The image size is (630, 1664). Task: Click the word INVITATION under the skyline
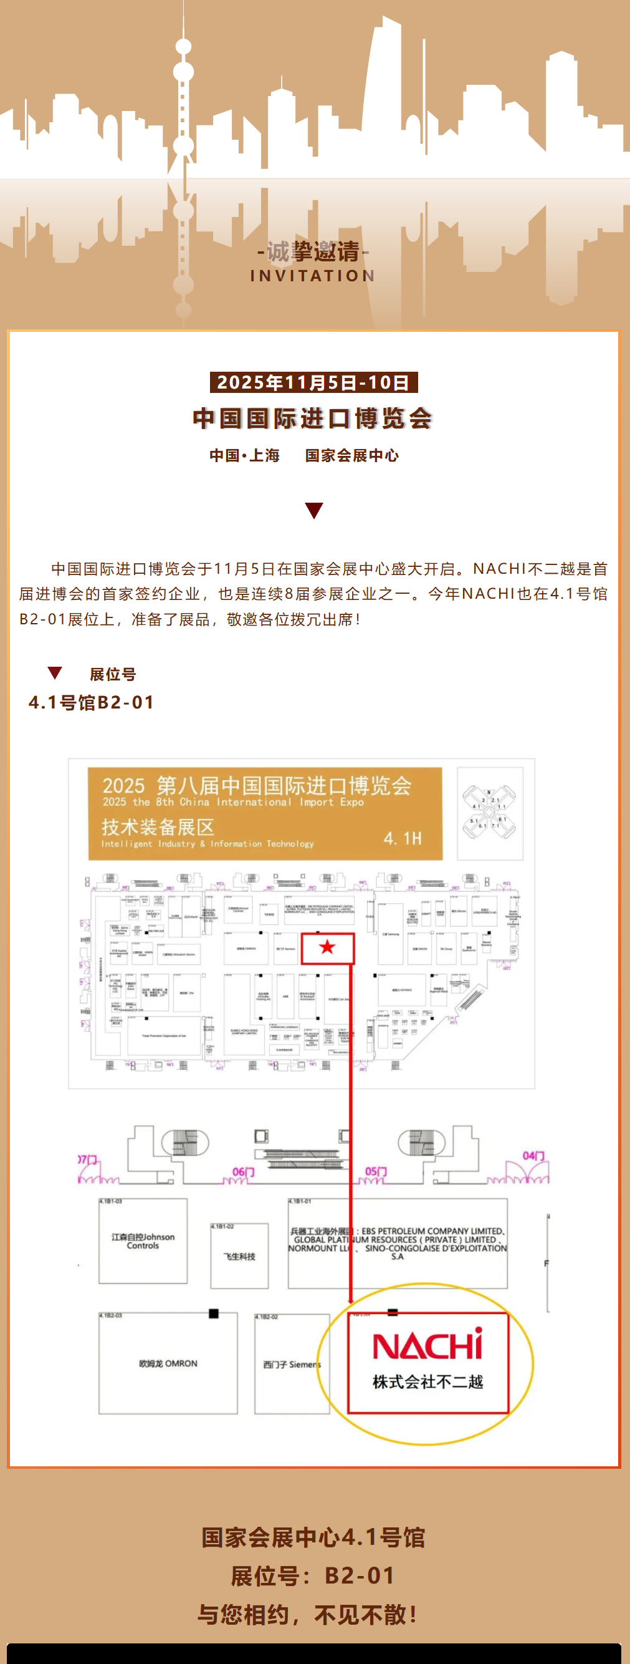(x=313, y=275)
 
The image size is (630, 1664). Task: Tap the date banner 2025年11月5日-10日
(x=313, y=382)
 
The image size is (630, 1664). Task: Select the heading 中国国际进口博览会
(x=313, y=418)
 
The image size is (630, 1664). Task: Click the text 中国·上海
(x=245, y=455)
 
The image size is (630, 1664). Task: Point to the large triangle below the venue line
(x=313, y=510)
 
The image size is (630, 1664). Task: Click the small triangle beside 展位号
(x=55, y=672)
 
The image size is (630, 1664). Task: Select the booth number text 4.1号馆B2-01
(x=92, y=702)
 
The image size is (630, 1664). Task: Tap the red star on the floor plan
(x=327, y=947)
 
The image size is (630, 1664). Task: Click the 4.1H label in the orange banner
(x=402, y=838)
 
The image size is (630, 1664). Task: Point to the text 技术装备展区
(x=158, y=827)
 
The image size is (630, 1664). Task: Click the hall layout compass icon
(x=489, y=813)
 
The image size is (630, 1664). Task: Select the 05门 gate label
(x=376, y=1171)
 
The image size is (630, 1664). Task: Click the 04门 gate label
(x=533, y=1156)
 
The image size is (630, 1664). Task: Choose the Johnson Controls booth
(x=143, y=1241)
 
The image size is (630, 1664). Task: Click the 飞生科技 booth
(x=239, y=1255)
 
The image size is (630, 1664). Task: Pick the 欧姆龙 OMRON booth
(x=168, y=1363)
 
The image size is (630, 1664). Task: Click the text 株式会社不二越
(x=427, y=1381)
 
